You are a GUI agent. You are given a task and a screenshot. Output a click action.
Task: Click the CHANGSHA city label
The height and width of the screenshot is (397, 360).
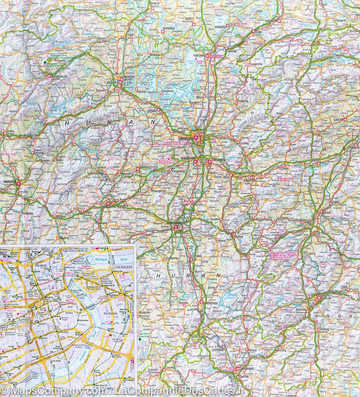click(x=185, y=139)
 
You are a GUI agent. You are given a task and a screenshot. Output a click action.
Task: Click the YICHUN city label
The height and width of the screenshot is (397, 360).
click(x=284, y=168)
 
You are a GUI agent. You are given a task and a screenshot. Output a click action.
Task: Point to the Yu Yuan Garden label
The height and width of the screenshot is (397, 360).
click(x=72, y=301)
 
